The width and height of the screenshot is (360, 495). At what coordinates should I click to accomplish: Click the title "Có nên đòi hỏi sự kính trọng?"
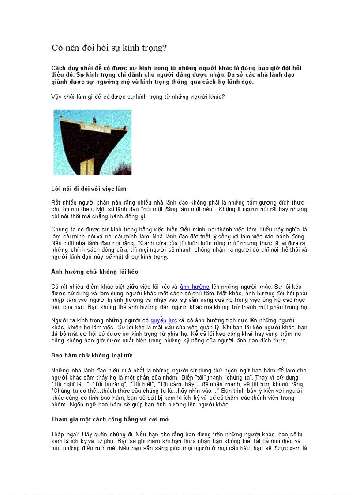click(x=109, y=48)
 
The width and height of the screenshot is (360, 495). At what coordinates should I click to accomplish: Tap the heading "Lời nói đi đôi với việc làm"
click(x=89, y=189)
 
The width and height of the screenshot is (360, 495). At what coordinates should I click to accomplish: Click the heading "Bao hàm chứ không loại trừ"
click(x=92, y=355)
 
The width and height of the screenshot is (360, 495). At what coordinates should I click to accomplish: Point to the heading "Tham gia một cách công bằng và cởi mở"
click(x=110, y=419)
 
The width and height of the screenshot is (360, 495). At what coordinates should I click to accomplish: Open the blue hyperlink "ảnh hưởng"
click(x=195, y=287)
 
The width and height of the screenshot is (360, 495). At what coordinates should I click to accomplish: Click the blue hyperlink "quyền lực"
click(x=164, y=320)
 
